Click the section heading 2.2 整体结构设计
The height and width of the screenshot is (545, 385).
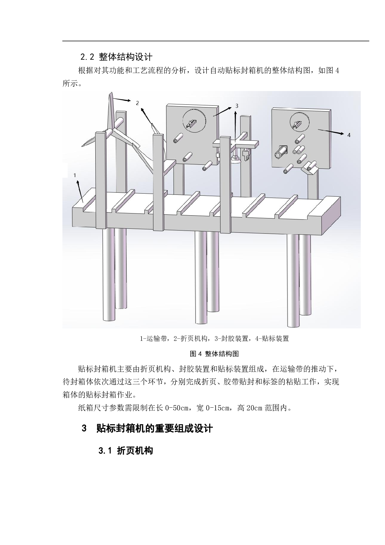[116, 57]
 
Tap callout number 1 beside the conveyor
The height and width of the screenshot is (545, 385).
[75, 175]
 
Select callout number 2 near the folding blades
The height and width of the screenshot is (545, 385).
[137, 103]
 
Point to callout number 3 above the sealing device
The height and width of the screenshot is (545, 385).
[237, 106]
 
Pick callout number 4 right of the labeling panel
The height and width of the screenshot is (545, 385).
[349, 135]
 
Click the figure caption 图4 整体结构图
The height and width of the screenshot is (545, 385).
[214, 354]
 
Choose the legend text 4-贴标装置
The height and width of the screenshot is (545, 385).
[272, 339]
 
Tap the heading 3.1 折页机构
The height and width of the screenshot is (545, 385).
[126, 451]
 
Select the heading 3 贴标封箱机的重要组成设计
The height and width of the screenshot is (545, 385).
[147, 428]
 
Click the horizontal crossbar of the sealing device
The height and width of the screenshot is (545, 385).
[236, 144]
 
